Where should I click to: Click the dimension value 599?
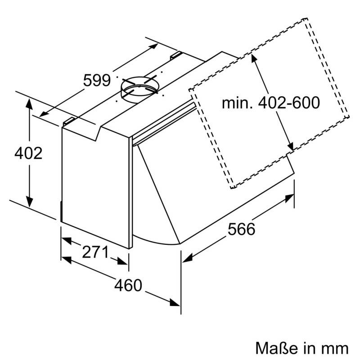(97, 81)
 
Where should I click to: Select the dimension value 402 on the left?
(28, 153)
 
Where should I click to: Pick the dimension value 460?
(128, 285)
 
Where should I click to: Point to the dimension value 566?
(241, 229)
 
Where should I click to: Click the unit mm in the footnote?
(335, 347)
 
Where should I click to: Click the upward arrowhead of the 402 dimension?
(29, 102)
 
